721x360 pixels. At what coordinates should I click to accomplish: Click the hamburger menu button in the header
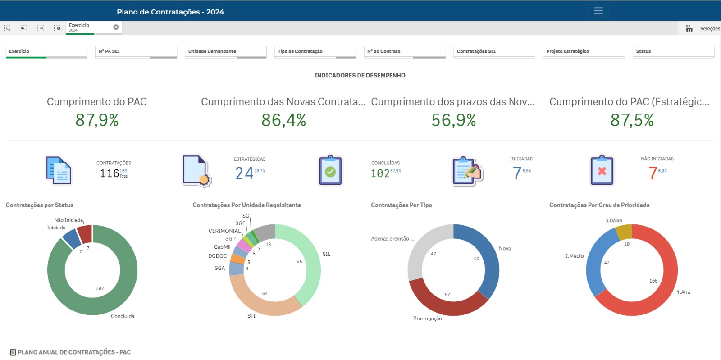pos(598,11)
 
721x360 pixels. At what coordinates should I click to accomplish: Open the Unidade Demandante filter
pos(225,51)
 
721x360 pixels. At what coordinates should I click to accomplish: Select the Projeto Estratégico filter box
pos(584,51)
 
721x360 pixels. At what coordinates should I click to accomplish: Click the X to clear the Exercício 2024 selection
pos(116,27)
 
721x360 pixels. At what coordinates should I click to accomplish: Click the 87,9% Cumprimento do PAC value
pos(97,120)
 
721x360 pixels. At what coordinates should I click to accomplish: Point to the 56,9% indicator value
pos(453,120)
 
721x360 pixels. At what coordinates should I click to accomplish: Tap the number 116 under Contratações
pos(110,173)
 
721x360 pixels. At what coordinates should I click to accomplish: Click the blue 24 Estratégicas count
pos(244,173)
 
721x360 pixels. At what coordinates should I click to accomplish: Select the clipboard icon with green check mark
pos(330,171)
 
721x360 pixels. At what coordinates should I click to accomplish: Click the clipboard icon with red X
pos(602,171)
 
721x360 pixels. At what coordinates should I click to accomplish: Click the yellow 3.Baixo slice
pos(624,232)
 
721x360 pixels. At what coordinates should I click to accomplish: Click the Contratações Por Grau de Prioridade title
pos(599,205)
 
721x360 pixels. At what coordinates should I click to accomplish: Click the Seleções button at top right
pos(709,28)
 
